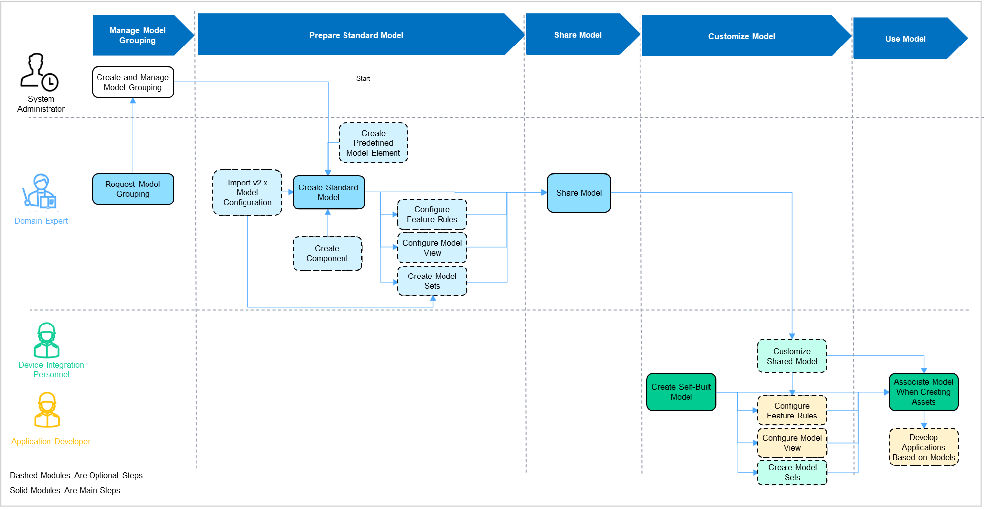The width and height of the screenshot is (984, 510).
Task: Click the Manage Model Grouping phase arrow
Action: point(138,35)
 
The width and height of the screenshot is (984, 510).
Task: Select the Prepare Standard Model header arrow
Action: point(356,35)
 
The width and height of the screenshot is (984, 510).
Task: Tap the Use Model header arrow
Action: point(905,39)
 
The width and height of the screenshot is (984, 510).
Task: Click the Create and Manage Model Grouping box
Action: point(133,82)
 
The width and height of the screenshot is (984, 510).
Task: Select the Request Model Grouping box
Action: point(133,189)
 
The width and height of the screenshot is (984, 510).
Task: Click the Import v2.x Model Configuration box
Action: point(247,192)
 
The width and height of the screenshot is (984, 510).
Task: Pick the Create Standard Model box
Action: point(328,192)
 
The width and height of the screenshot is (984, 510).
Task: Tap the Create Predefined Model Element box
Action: point(373,143)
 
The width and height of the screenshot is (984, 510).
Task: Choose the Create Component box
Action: point(327,253)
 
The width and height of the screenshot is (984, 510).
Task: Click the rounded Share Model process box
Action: point(579,193)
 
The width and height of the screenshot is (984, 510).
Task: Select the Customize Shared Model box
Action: point(791,356)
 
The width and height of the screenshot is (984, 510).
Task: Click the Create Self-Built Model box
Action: point(681,392)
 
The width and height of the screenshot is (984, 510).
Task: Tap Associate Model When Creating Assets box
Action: point(923,392)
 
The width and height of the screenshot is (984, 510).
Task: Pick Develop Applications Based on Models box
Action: point(923,447)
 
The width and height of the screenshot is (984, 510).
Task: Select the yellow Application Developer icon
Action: point(47,410)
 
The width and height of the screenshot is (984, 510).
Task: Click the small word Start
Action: point(363,78)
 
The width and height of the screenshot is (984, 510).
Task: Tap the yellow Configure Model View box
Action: point(791,443)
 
